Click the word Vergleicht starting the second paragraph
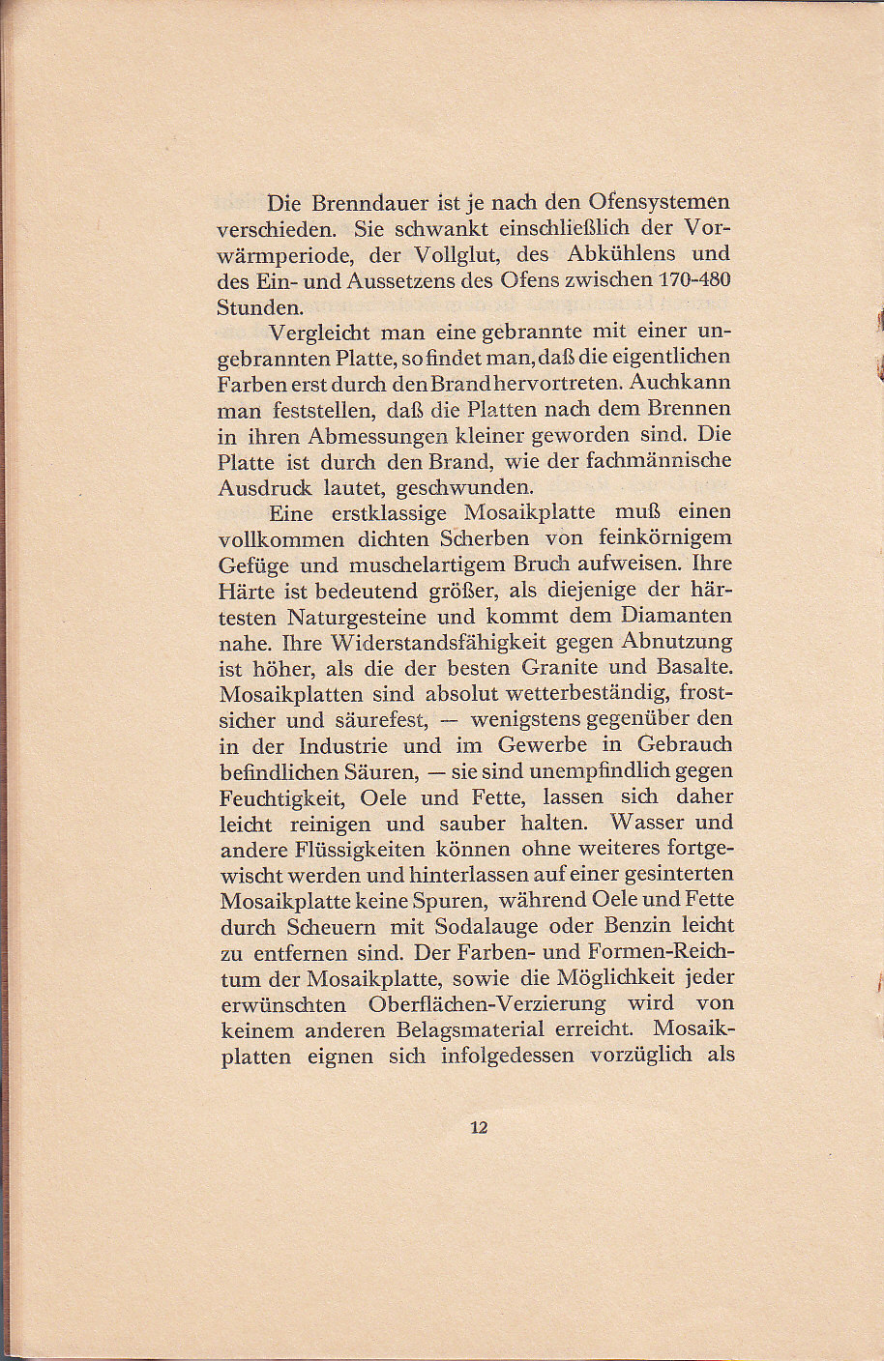tap(317, 333)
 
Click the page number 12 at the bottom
tap(478, 1127)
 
